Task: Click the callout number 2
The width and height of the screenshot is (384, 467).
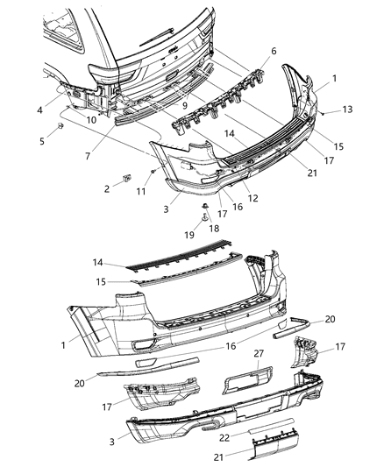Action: [107, 188]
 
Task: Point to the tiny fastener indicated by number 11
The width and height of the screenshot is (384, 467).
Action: [153, 171]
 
